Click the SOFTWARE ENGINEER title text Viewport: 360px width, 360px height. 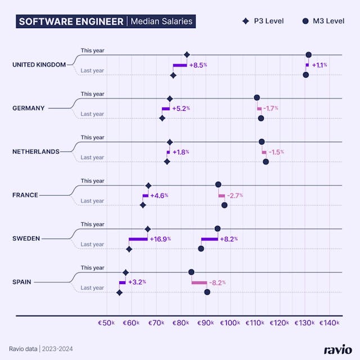tap(71, 22)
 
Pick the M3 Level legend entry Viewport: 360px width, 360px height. tap(323, 21)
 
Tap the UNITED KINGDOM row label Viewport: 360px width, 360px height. tap(39, 65)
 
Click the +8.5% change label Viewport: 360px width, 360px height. tap(198, 65)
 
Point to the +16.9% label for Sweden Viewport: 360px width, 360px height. tap(160, 239)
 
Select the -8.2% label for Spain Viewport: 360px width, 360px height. tap(217, 282)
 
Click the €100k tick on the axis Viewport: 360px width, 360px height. tap(229, 323)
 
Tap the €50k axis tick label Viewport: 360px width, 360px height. tap(106, 323)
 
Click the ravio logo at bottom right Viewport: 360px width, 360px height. tap(337, 349)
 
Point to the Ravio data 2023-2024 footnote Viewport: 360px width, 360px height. tap(40, 349)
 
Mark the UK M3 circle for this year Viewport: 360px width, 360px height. tap(308, 55)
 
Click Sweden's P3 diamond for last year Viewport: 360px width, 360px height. tap(129, 249)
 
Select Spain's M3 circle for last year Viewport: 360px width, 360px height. tap(207, 292)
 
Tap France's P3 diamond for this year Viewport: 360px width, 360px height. tap(148, 185)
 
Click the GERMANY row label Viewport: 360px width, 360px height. tap(28, 108)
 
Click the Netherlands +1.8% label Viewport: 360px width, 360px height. tap(181, 152)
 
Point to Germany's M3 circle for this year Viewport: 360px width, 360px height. tap(257, 98)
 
